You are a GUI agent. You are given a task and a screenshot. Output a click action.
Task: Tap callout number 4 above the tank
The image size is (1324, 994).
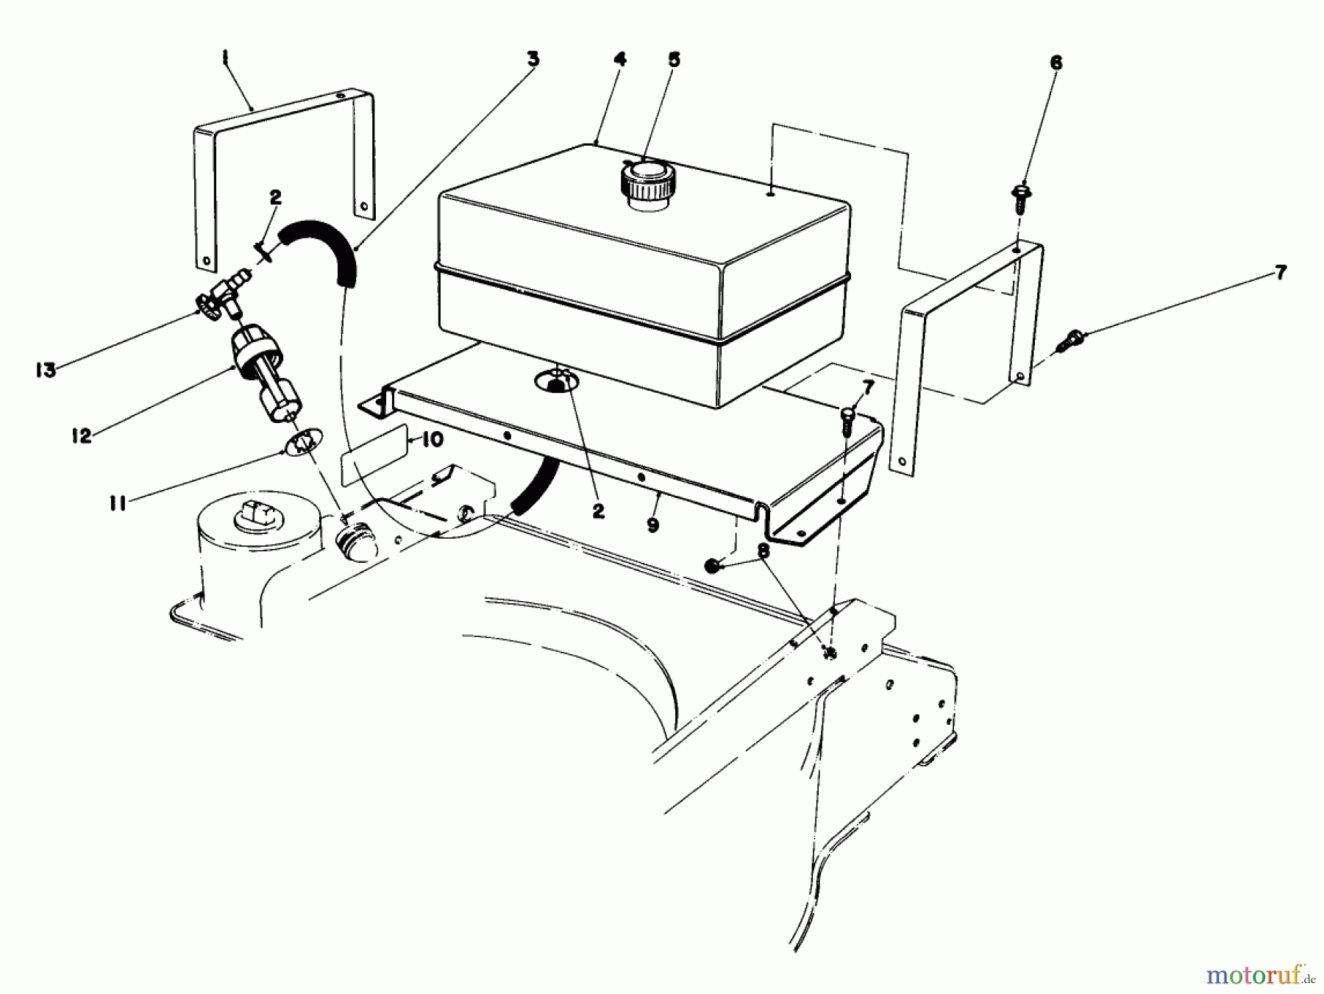[619, 60]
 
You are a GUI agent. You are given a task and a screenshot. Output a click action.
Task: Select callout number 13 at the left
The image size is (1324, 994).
[46, 370]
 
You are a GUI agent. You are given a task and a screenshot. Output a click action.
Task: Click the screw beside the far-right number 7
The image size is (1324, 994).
[1069, 341]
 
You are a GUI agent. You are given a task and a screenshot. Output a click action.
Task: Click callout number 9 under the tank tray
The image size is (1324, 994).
[652, 525]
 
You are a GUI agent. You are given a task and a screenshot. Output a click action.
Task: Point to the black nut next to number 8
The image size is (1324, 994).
[711, 566]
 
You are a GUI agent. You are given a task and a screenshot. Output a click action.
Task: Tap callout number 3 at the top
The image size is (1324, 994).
[533, 59]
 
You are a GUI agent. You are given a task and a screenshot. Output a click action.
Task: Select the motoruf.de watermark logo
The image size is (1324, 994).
[1259, 976]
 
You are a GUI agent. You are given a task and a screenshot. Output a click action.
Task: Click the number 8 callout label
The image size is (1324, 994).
[763, 551]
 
